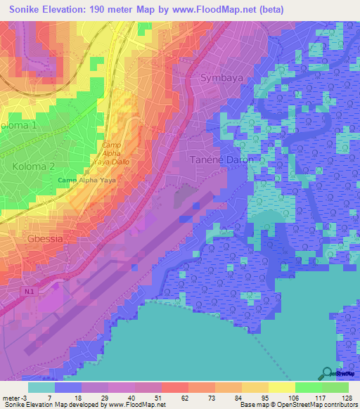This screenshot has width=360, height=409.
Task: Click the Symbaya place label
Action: click(x=225, y=77)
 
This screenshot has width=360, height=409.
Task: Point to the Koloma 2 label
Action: click(x=33, y=166)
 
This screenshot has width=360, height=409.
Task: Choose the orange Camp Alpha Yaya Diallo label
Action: click(x=112, y=152)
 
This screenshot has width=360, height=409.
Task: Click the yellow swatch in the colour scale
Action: click(x=281, y=387)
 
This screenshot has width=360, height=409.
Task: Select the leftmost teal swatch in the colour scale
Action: click(x=41, y=387)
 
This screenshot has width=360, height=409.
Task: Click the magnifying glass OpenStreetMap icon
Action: click(x=327, y=373)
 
